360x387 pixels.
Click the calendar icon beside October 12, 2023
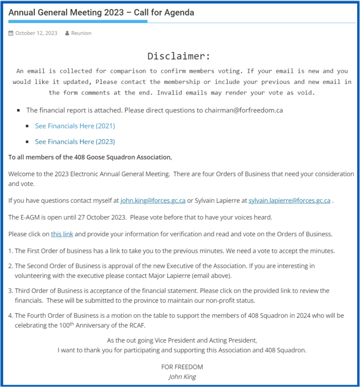coord(11,33)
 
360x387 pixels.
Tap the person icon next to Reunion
coord(67,33)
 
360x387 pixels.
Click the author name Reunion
coord(81,33)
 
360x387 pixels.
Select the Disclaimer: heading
coord(179,56)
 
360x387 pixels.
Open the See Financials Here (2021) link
coord(75,126)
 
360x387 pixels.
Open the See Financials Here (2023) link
coord(75,141)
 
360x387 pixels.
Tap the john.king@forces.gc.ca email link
coord(153,200)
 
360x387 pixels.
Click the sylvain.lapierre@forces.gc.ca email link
coord(289,200)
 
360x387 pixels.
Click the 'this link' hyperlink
coord(62,234)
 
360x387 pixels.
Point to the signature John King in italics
coord(182,376)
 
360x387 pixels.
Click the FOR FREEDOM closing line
coord(182,367)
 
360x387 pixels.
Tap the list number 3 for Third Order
coord(10,291)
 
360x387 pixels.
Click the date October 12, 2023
coord(36,33)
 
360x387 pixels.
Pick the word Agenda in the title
coord(177,12)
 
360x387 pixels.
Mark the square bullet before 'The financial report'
coord(19,111)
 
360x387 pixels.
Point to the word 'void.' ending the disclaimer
coord(307,92)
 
